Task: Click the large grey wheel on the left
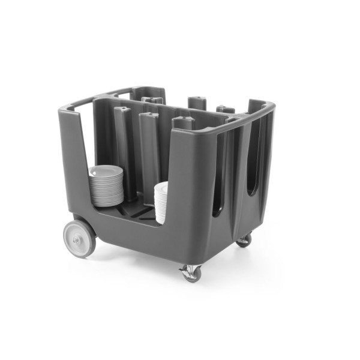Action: [80, 238]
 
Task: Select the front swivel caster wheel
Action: [191, 274]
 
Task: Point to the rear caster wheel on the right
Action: [244, 241]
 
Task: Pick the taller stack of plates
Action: [107, 185]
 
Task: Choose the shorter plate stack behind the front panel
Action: [160, 203]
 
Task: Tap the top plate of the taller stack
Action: [106, 169]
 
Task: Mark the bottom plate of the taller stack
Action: [107, 203]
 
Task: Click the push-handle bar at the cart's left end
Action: [76, 107]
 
